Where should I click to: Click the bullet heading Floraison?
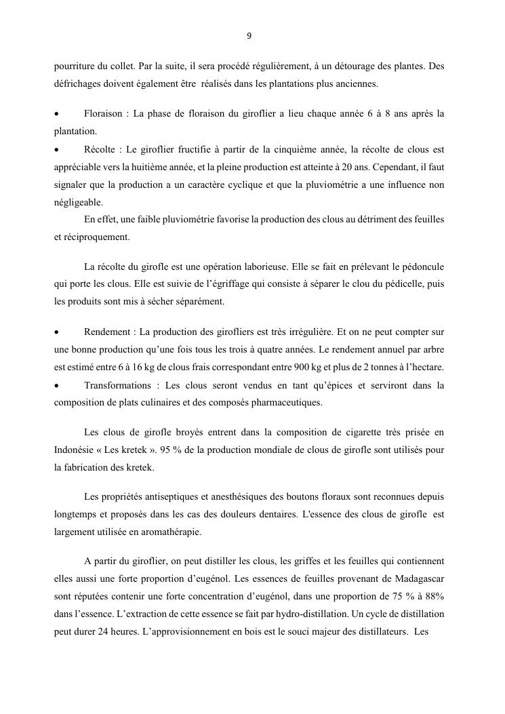click(x=105, y=114)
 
